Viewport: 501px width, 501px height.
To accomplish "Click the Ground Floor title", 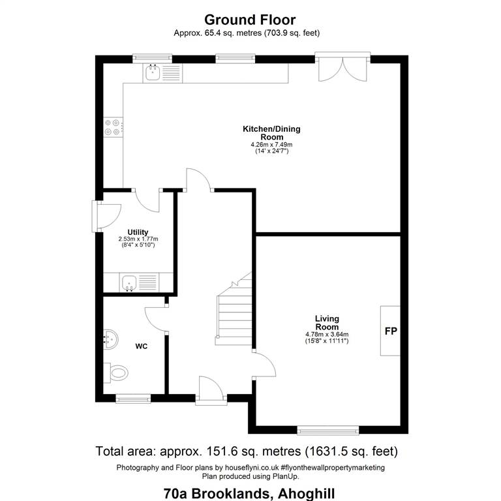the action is [x=250, y=20].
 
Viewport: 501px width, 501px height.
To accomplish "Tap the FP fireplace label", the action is [x=391, y=331].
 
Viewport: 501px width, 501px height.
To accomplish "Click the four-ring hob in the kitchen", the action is [x=113, y=127].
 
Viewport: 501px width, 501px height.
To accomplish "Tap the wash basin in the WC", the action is [x=110, y=339].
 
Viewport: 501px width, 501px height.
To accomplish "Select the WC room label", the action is [x=141, y=346].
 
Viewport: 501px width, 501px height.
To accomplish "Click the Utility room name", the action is [x=138, y=232].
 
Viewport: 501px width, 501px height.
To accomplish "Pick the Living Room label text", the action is [x=327, y=323].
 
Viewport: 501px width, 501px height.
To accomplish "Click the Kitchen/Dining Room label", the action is [x=271, y=133].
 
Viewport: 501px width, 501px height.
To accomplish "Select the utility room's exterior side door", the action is [x=106, y=216].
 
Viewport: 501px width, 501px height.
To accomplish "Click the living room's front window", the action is [x=328, y=430].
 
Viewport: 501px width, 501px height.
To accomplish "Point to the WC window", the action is [x=133, y=398].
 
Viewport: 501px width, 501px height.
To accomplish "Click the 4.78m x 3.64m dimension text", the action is [x=327, y=335].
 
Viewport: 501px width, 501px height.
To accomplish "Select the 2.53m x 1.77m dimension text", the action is [x=138, y=239].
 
